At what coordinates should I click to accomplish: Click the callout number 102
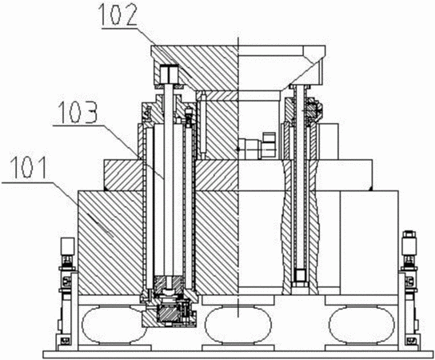pyautogui.click(x=118, y=14)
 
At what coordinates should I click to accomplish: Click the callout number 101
pyautogui.click(x=30, y=167)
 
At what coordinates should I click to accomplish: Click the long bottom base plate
pyautogui.click(x=237, y=354)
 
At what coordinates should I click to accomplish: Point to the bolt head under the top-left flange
pyautogui.click(x=169, y=74)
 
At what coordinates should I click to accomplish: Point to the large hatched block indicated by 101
pyautogui.click(x=111, y=242)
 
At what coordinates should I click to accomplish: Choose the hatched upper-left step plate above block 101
pyautogui.click(x=123, y=175)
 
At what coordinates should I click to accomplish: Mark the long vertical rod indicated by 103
pyautogui.click(x=169, y=181)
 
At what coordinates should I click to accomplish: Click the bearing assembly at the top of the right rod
pyautogui.click(x=313, y=110)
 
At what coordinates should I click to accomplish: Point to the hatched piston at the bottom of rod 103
pyautogui.click(x=169, y=286)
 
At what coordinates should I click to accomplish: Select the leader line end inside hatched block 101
pyautogui.click(x=114, y=238)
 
